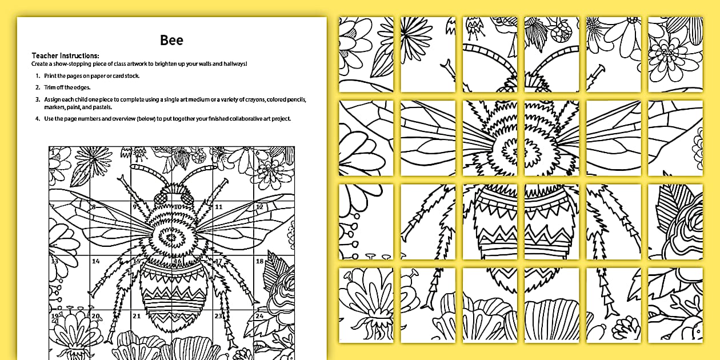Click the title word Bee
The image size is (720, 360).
tap(172, 40)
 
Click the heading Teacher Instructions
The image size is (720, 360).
tap(65, 56)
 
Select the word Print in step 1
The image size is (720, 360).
tap(50, 76)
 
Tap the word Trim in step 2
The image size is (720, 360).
tap(49, 87)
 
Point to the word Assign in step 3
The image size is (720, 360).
tap(52, 99)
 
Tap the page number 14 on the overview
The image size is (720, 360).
tap(96, 262)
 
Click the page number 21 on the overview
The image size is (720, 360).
tap(137, 315)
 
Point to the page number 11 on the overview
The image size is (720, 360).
tap(218, 207)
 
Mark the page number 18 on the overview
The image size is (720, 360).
tap(259, 261)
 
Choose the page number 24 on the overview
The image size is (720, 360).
tap(259, 315)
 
